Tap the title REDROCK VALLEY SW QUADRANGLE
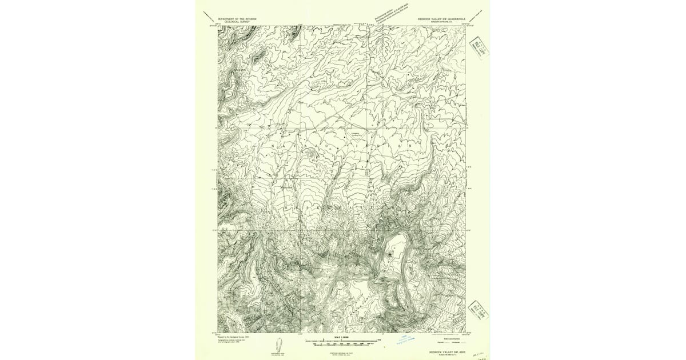pos(441,18)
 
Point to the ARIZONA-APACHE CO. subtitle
pos(441,22)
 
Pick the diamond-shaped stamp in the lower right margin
pos(478,310)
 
